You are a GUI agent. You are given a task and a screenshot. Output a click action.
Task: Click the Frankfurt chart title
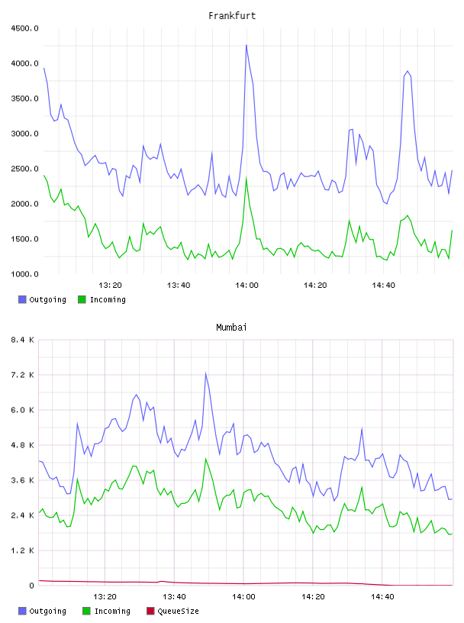tap(232, 16)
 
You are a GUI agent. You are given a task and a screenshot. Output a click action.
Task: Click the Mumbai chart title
tap(231, 328)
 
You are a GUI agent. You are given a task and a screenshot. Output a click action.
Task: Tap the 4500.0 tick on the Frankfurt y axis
tap(24, 28)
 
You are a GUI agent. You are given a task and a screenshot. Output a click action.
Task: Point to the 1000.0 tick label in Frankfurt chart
tap(24, 274)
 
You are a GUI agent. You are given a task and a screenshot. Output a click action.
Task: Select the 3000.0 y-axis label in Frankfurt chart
tap(24, 134)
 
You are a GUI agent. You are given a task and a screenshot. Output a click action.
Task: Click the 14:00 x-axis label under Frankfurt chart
tap(246, 286)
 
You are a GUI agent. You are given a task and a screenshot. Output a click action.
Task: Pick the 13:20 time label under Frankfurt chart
tap(110, 286)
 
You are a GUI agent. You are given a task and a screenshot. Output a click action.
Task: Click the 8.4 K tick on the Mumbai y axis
tap(22, 340)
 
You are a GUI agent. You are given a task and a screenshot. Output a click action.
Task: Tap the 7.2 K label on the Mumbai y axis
tap(22, 375)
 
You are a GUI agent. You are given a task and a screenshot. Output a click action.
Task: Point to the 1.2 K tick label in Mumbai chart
tap(22, 550)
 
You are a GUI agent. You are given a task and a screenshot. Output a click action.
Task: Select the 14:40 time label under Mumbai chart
tap(382, 597)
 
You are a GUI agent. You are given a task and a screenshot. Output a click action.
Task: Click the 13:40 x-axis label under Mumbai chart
tap(174, 597)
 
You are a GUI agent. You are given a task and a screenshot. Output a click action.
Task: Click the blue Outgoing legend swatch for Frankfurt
tap(22, 299)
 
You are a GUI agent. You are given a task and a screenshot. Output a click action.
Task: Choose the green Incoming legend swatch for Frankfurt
tap(82, 299)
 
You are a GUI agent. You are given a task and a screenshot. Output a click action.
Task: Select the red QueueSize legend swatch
tap(150, 611)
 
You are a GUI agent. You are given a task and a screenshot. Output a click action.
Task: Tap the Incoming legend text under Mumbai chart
tap(112, 611)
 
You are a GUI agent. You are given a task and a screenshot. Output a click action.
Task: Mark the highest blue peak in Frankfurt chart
tap(246, 45)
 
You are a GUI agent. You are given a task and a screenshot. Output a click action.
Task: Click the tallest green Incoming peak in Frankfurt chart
tap(246, 178)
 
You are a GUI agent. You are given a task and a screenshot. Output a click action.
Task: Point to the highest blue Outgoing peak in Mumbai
tap(205, 373)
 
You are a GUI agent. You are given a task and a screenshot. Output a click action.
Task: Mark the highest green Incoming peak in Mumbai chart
tap(205, 459)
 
